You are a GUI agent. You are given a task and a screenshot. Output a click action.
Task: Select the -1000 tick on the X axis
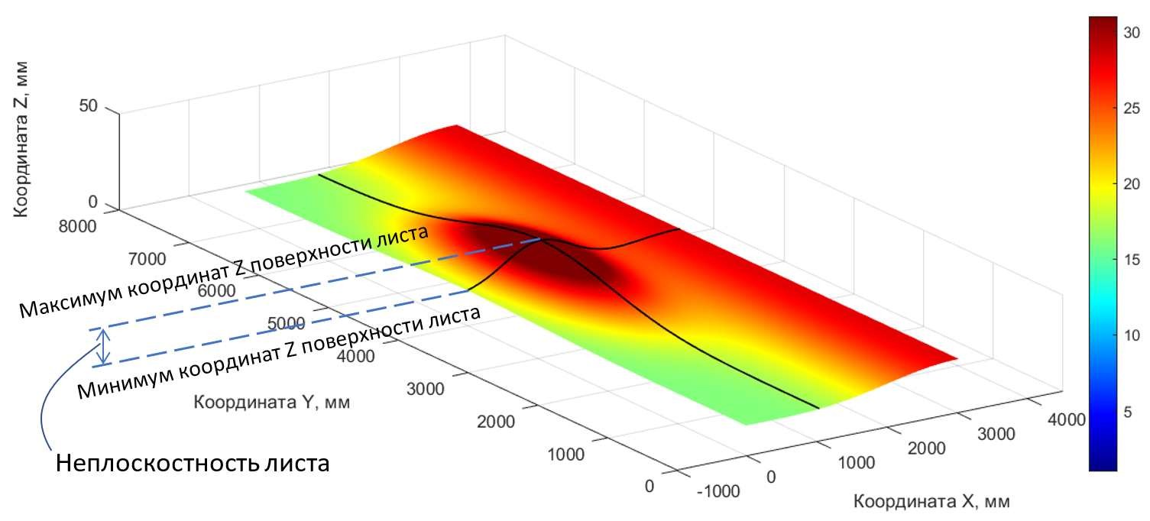719,491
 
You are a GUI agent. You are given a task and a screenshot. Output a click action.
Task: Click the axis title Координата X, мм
931,502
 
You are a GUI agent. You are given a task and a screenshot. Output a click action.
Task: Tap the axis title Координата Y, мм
271,402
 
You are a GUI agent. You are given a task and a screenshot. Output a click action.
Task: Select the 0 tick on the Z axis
93,202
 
